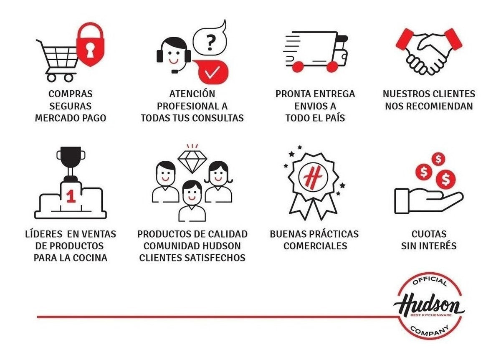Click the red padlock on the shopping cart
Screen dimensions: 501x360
90,45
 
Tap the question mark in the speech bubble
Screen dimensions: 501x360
210,43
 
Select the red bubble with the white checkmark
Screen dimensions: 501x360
211,71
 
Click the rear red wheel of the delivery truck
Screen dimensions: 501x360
298,67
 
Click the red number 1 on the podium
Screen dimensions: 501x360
71,196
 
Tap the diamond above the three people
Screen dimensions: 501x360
192,162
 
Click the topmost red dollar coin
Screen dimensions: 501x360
438,159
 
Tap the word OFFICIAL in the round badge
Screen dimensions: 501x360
430,282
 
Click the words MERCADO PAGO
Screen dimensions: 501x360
71,118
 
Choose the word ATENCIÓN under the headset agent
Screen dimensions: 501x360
192,94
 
